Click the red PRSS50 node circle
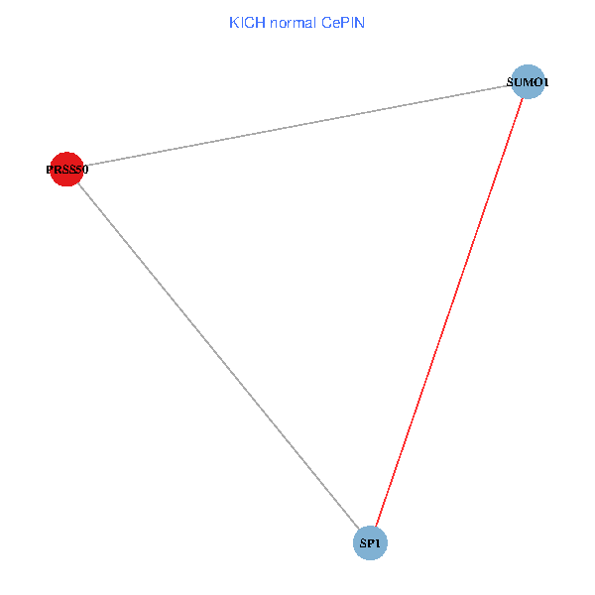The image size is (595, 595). [65, 169]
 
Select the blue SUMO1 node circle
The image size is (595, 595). [528, 82]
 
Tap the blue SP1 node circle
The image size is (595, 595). [370, 543]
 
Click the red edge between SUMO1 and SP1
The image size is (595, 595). [448, 313]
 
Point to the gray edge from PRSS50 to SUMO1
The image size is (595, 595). [297, 126]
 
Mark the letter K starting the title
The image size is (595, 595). [234, 22]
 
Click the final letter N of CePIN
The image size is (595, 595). [360, 22]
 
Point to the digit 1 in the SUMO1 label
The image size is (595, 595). [545, 83]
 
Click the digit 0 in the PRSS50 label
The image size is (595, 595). [85, 170]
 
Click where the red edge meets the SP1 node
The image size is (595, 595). [376, 528]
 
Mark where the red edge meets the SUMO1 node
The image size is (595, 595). [523, 99]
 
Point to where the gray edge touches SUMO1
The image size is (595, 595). [511, 86]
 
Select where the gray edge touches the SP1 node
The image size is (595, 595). [359, 531]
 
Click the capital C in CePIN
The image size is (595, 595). [325, 22]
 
